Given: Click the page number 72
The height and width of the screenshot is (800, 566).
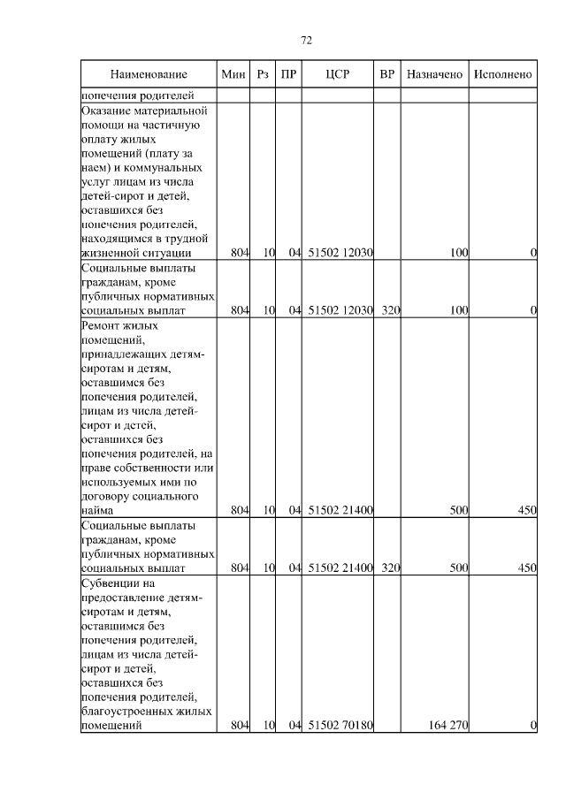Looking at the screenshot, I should (x=307, y=41).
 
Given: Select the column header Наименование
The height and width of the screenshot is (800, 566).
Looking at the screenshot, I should (x=149, y=74).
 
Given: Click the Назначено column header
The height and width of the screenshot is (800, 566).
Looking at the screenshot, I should (x=434, y=74).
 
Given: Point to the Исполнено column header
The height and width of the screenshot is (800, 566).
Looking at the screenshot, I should (x=502, y=74).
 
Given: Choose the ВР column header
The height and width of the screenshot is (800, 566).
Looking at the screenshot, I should (x=386, y=74).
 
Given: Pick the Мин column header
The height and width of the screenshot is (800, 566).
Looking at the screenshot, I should (x=233, y=74).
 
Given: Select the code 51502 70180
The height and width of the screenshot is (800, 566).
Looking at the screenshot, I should (x=340, y=726).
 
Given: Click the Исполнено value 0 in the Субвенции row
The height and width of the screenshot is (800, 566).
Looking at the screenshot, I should (x=533, y=726).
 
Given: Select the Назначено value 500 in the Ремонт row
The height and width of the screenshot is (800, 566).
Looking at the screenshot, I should (x=457, y=510).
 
